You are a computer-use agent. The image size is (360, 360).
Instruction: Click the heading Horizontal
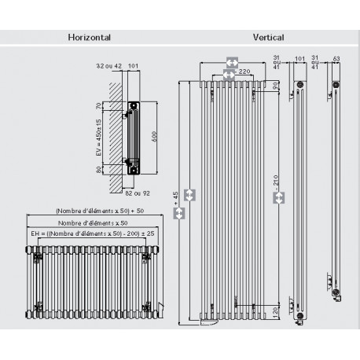[89, 37]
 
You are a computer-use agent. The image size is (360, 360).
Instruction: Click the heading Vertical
[268, 37]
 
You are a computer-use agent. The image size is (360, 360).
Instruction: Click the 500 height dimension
[154, 134]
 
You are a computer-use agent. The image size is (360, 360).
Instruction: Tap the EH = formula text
[87, 233]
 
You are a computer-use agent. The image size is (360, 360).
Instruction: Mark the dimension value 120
[274, 312]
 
